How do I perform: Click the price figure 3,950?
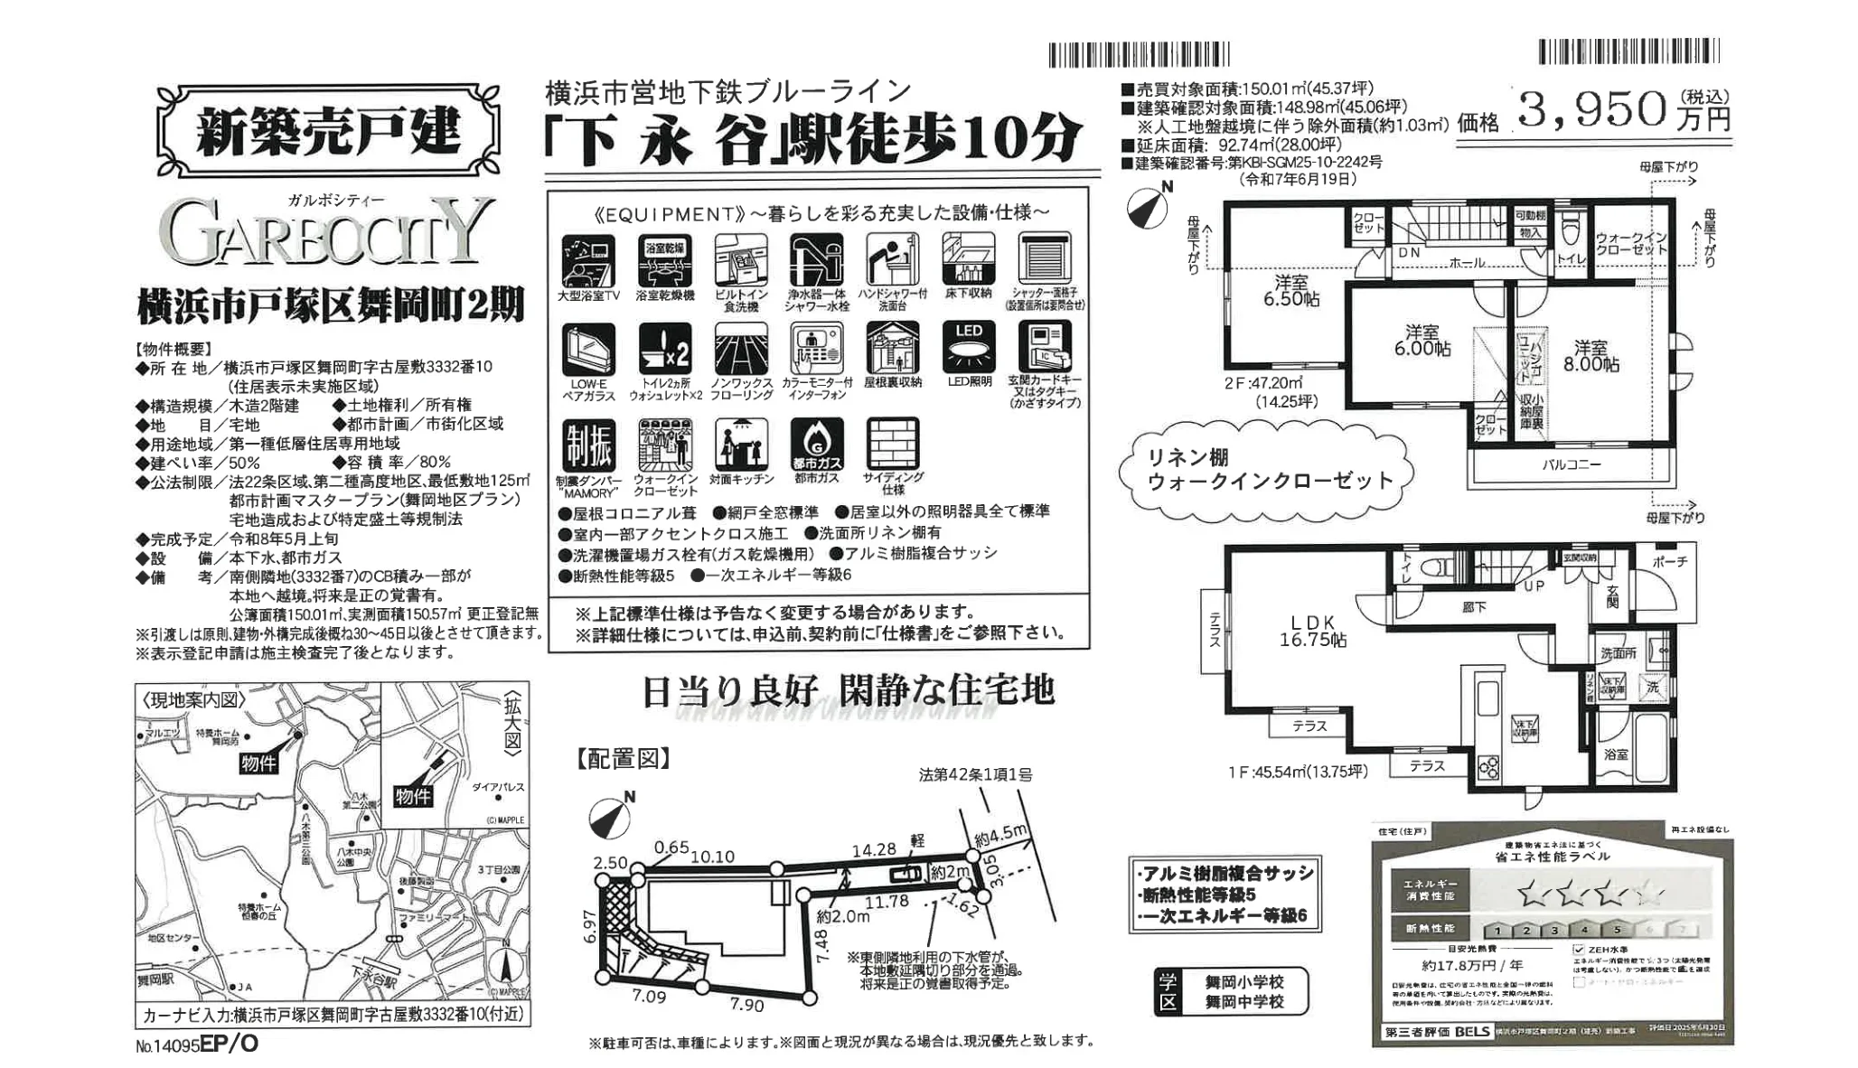pyautogui.click(x=1591, y=110)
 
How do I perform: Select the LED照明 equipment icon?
pyautogui.click(x=969, y=349)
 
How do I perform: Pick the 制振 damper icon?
pyautogui.click(x=588, y=445)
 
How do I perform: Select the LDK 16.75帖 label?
pyautogui.click(x=1312, y=631)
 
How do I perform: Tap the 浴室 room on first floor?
pyautogui.click(x=1616, y=753)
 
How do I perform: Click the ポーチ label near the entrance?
pyautogui.click(x=1668, y=562)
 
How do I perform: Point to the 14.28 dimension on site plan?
pyautogui.click(x=874, y=849)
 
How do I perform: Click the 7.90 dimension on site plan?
pyautogui.click(x=746, y=1005)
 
